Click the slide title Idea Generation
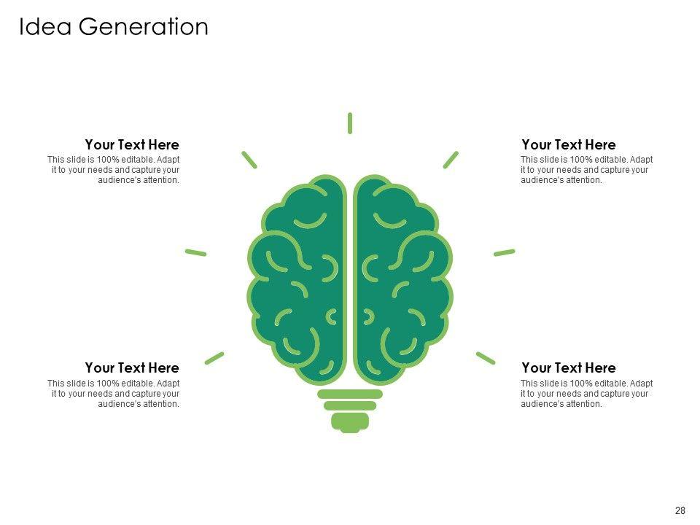tap(113, 26)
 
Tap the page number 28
tap(680, 510)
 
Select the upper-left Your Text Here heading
tap(131, 144)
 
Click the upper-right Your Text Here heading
tap(569, 144)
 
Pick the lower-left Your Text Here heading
tap(131, 367)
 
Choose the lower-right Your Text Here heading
tap(569, 367)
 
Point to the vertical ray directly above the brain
tap(350, 123)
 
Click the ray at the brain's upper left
tap(249, 160)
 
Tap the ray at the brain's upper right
tap(451, 160)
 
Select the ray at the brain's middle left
tap(196, 252)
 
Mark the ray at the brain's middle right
tap(504, 252)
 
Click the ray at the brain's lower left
tap(214, 357)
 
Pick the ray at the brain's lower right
tap(486, 357)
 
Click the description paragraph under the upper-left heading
tap(114, 170)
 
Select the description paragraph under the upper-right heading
tap(586, 170)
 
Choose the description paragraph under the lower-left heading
tap(114, 394)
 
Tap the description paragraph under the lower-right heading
tap(586, 394)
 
